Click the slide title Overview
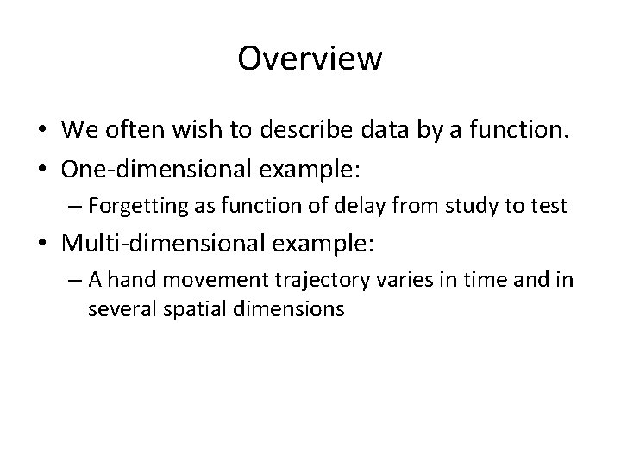[x=310, y=59]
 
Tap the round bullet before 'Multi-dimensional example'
[x=41, y=245]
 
